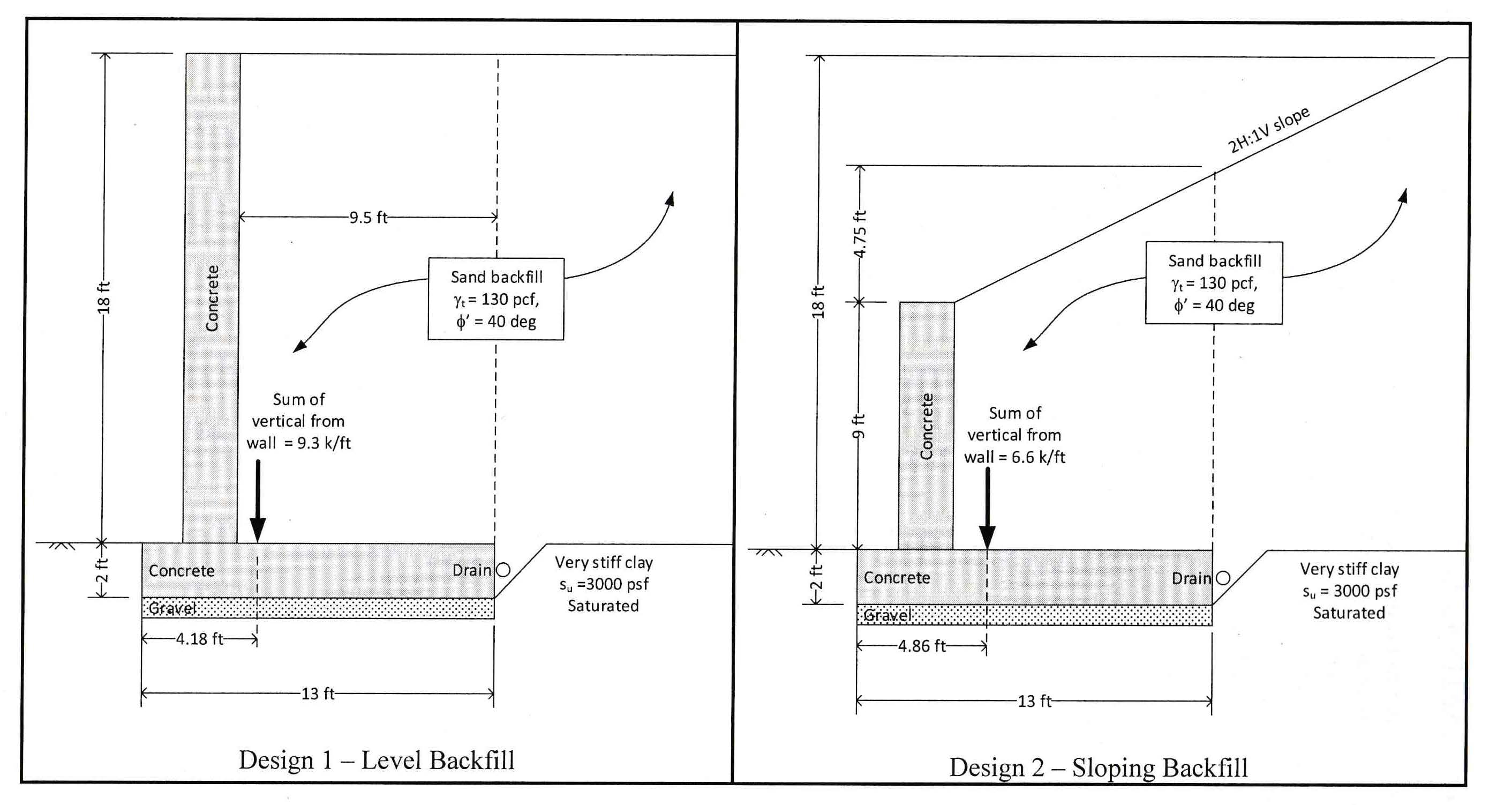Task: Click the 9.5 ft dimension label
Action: coord(368,218)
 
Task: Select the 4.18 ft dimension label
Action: coord(199,639)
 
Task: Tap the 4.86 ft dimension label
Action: coord(921,646)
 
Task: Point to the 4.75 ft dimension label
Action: coord(860,234)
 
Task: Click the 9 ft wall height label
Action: coord(859,426)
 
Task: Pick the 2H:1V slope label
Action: coord(1268,130)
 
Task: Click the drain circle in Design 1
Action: coord(503,570)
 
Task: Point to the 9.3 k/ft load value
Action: coord(324,443)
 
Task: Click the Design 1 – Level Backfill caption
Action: coord(377,760)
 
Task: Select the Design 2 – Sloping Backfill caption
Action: coord(1098,767)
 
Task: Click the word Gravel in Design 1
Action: coord(172,608)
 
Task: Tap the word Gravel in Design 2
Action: coord(888,615)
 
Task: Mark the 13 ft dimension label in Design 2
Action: coord(1034,702)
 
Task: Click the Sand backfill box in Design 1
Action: coord(496,299)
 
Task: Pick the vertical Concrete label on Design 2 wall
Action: coord(926,426)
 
